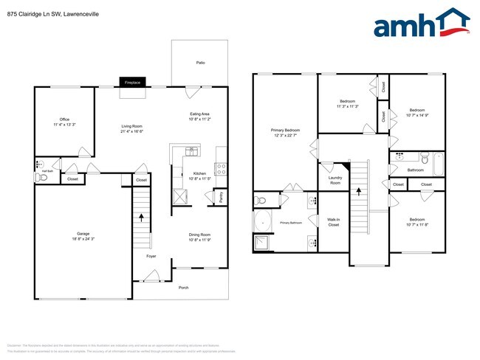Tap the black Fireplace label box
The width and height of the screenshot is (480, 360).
point(133,82)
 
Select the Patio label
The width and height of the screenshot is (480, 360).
point(200,63)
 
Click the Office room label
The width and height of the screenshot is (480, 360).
point(64,120)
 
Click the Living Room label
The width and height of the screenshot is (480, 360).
point(132,127)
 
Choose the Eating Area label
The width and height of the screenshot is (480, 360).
point(200,114)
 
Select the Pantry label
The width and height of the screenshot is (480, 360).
point(222,198)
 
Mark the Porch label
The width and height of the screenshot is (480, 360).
point(183,288)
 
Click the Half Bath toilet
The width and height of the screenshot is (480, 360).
point(39,178)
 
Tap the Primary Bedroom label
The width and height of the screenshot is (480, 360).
point(284,131)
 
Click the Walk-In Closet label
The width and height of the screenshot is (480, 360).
point(334,222)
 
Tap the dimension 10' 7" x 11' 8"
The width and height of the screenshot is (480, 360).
point(417,224)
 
